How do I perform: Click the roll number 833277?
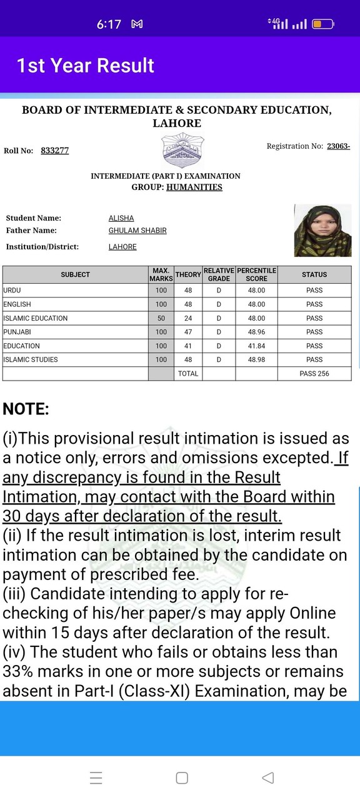(x=54, y=151)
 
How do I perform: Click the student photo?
(x=322, y=230)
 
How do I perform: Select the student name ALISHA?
(x=121, y=218)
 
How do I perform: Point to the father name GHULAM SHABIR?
(x=137, y=231)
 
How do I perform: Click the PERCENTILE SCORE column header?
(x=256, y=274)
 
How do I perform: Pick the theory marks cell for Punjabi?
(x=188, y=332)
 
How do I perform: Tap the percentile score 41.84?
(x=256, y=346)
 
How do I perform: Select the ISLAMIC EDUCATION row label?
(x=36, y=318)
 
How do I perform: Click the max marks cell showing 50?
(x=161, y=318)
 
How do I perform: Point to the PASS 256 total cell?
(x=314, y=374)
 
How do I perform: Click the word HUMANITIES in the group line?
(x=194, y=187)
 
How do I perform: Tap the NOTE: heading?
(x=26, y=409)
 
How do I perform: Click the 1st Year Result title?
(x=86, y=66)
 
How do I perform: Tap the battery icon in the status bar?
(x=322, y=24)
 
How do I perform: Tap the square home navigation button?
(x=182, y=777)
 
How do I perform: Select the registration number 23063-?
(x=338, y=146)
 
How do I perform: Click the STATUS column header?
(x=314, y=274)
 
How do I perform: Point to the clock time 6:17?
(x=109, y=24)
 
